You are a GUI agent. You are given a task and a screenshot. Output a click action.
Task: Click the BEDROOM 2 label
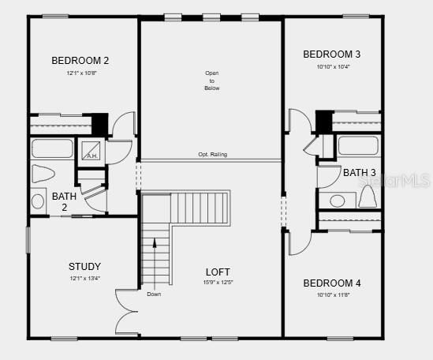[x=80, y=60]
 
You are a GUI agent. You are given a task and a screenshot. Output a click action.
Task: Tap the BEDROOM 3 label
[x=332, y=54]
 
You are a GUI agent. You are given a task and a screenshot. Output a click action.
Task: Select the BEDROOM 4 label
[x=332, y=283]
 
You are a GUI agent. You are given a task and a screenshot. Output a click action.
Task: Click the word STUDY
[x=84, y=267]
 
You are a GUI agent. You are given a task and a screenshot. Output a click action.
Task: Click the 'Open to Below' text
[x=211, y=81]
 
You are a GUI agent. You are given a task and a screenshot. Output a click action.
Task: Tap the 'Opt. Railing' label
[x=212, y=155]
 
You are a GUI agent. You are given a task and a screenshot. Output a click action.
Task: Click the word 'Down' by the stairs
[x=154, y=294]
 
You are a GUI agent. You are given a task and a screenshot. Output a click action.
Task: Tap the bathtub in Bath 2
[x=52, y=148]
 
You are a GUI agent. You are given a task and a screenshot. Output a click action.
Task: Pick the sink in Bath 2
[x=38, y=201]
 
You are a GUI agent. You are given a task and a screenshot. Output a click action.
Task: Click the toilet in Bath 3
[x=367, y=197]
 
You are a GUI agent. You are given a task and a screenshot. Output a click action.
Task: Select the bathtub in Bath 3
[x=359, y=146]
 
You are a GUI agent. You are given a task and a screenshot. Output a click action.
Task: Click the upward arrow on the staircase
[x=155, y=245]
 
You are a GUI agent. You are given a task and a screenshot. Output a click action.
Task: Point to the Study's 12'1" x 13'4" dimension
[x=84, y=279]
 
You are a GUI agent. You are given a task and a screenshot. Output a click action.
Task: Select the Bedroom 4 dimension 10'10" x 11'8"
[x=332, y=294]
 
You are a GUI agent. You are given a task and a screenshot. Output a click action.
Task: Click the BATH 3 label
[x=359, y=172]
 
